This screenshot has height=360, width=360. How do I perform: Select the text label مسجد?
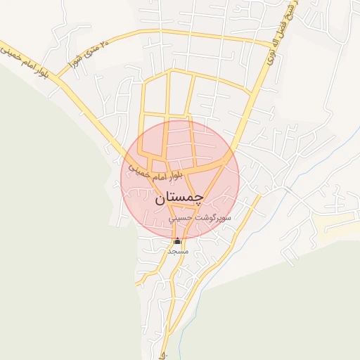176,251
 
